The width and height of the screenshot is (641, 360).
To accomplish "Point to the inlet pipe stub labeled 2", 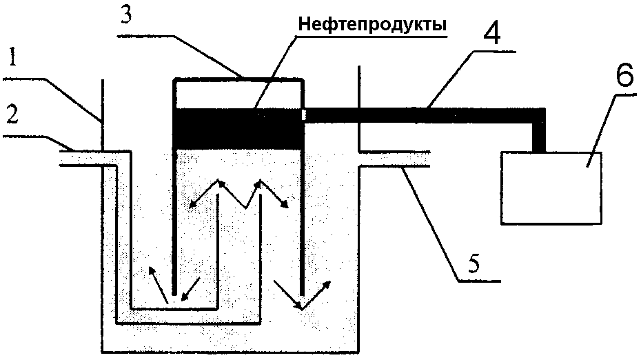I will [79, 158].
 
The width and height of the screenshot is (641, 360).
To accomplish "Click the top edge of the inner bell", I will [238, 79].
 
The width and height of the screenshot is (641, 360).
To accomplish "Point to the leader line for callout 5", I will [431, 221].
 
